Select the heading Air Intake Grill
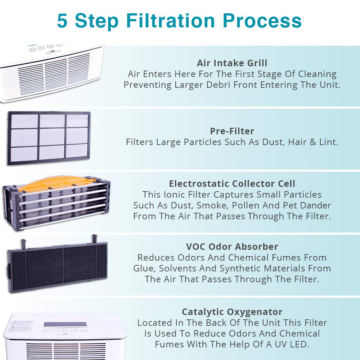tap(232, 63)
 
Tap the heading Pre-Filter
tap(232, 131)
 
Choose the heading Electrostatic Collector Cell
tap(232, 184)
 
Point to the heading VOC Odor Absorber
tap(232, 247)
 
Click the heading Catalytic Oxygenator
tap(232, 312)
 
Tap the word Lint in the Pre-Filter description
tap(328, 142)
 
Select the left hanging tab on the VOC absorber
tap(24, 243)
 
